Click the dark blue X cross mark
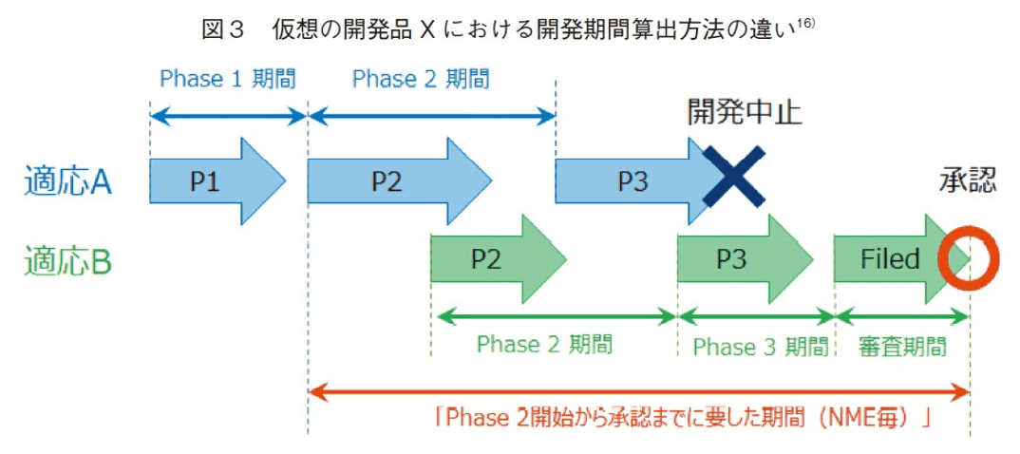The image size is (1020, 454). [733, 177]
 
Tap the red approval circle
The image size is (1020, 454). [970, 258]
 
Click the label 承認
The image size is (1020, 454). [968, 181]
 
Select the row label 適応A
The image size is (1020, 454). [68, 181]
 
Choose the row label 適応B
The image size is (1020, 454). [68, 259]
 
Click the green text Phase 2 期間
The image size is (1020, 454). [544, 344]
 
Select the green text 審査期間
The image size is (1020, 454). [902, 346]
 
